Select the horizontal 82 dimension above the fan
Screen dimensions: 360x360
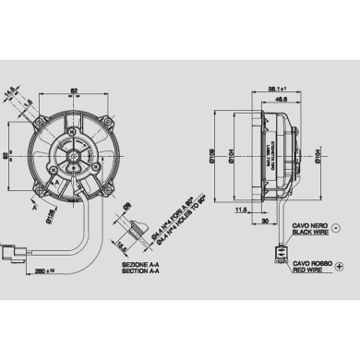[73, 89]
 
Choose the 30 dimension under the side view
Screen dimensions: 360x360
[264, 222]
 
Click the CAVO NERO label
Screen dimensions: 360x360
[309, 224]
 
